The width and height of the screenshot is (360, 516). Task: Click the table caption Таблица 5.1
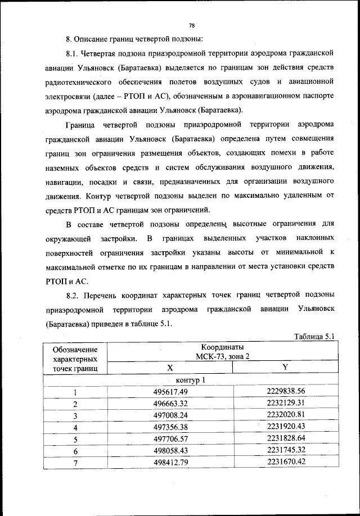point(315,337)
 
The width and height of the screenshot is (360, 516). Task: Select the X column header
point(169,368)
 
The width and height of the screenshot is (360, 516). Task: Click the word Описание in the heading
point(94,39)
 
